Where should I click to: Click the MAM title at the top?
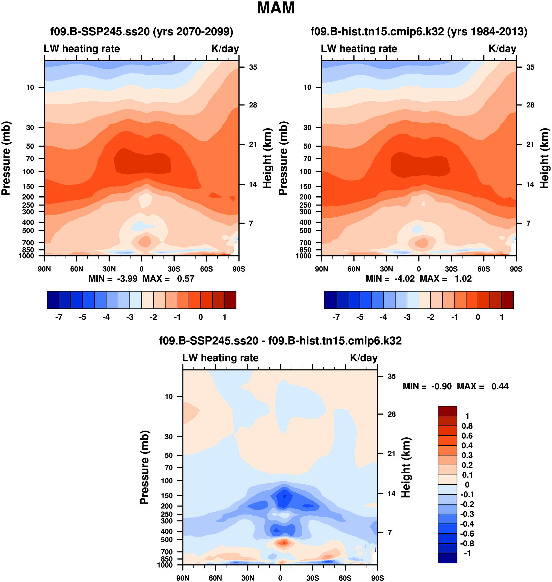click(x=276, y=8)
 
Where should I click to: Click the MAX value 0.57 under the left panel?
click(x=185, y=279)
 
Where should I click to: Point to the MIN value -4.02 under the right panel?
click(x=404, y=279)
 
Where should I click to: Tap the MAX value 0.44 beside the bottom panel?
click(x=500, y=386)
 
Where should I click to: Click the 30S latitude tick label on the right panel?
click(x=451, y=269)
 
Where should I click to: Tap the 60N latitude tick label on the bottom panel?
click(x=215, y=578)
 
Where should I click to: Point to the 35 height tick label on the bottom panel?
click(x=391, y=376)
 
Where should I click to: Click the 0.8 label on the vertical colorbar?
click(x=467, y=426)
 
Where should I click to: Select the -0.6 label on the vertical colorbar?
click(x=467, y=533)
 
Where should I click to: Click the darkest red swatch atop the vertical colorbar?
click(x=447, y=411)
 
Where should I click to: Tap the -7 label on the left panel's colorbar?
click(x=59, y=317)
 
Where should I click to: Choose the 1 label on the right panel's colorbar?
click(x=501, y=317)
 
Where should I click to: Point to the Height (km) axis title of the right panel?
click(x=544, y=158)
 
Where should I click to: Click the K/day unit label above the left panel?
click(x=225, y=49)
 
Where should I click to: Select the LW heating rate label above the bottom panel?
click(x=220, y=358)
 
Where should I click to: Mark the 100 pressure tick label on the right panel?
click(x=305, y=171)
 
